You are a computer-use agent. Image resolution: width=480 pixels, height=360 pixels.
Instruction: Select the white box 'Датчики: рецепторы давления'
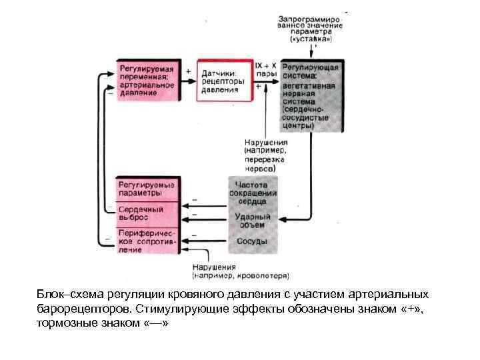pyautogui.click(x=221, y=82)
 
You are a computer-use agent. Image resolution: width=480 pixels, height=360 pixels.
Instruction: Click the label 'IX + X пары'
pyautogui.click(x=267, y=69)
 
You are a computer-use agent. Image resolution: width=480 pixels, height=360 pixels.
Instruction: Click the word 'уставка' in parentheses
pyautogui.click(x=310, y=39)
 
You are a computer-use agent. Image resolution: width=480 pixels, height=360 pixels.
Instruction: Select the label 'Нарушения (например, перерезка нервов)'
pyautogui.click(x=265, y=155)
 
